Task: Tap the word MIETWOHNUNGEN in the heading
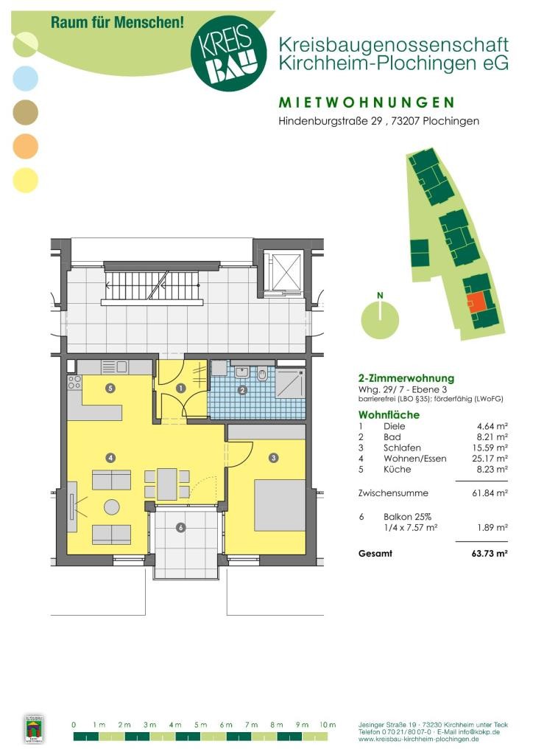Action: (x=367, y=102)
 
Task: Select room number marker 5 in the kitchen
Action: (x=110, y=388)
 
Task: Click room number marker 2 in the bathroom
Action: (x=242, y=390)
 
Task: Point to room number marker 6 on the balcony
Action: (x=180, y=528)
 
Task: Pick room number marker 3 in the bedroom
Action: (x=273, y=457)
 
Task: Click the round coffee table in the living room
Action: (x=112, y=507)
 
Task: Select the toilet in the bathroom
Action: (x=262, y=374)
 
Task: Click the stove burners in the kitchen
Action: (x=74, y=383)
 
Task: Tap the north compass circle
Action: (x=380, y=319)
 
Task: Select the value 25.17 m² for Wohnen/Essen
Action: (x=490, y=459)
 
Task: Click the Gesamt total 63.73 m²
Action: (x=490, y=553)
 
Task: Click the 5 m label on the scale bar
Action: (x=200, y=725)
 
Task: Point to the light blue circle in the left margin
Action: (x=25, y=78)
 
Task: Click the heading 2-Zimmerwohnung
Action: (x=406, y=378)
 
